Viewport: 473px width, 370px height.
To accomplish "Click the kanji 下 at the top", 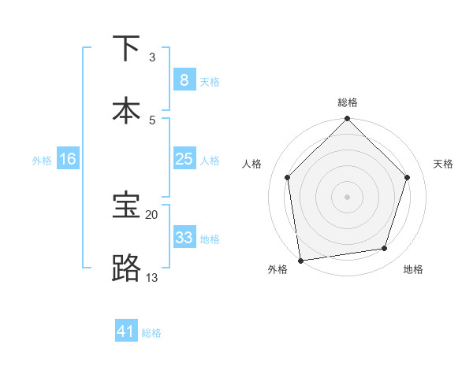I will point(126,49).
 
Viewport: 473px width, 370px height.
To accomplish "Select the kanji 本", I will point(126,110).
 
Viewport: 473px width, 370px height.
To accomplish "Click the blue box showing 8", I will point(184,80).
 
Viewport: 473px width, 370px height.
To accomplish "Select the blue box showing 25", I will point(184,159).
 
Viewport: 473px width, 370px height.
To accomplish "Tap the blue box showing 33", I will point(184,238).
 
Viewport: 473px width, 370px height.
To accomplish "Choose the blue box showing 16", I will point(67,159).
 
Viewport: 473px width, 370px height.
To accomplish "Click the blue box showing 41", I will point(126,332).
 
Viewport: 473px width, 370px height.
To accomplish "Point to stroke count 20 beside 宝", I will point(151,214).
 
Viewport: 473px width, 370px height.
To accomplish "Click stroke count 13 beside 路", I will point(151,277).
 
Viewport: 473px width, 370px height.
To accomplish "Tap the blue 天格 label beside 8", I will point(209,81).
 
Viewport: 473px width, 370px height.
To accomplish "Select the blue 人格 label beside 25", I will point(209,160).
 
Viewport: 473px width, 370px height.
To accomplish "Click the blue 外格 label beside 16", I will point(42,160).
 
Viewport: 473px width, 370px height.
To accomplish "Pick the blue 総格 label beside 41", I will point(151,333).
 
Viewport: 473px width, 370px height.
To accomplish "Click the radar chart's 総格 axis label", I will point(347,102).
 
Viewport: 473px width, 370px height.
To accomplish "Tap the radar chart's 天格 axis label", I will point(443,164).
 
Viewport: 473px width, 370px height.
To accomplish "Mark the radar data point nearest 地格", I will point(385,249).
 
